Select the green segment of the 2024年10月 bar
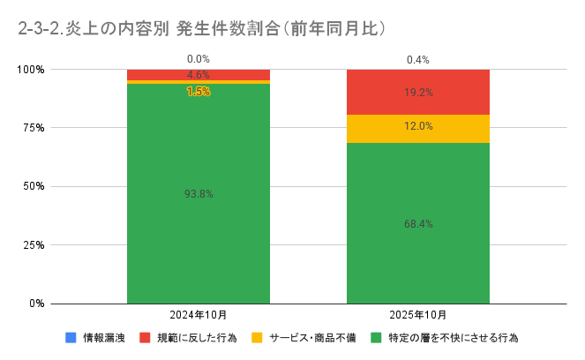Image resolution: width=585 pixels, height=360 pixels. click(x=199, y=229)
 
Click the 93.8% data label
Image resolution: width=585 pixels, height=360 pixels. click(x=199, y=193)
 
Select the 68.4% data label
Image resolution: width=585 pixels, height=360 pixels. click(x=417, y=223)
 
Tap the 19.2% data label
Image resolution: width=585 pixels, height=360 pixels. click(x=417, y=92)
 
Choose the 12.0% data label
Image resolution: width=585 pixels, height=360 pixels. click(x=417, y=126)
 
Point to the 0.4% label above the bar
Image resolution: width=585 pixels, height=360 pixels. click(x=417, y=60)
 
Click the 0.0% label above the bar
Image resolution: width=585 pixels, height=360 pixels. click(x=199, y=60)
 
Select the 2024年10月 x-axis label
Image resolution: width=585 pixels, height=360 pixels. click(x=199, y=315)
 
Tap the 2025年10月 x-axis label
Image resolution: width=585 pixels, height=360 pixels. click(x=417, y=315)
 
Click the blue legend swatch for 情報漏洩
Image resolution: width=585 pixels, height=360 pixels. click(x=71, y=338)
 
